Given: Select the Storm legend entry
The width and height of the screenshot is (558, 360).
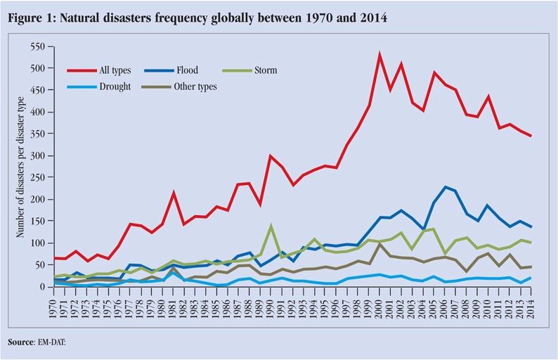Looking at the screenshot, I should [265, 70].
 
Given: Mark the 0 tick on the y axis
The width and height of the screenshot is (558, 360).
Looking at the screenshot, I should [41, 287].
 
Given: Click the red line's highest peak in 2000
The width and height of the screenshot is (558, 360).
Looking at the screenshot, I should [379, 55].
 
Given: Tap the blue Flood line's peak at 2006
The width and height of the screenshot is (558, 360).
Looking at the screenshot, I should [446, 187].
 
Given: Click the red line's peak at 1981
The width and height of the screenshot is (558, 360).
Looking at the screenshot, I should [174, 193].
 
